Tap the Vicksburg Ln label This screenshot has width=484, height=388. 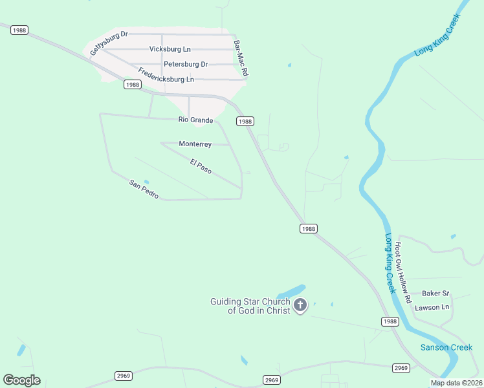(170, 49)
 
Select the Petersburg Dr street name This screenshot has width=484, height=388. (186, 64)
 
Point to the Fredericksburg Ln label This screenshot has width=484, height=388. (166, 74)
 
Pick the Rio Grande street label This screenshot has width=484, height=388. (195, 120)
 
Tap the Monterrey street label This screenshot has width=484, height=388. (195, 144)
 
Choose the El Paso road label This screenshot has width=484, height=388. (201, 166)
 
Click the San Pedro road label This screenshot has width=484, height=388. (144, 189)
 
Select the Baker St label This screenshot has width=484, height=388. (435, 293)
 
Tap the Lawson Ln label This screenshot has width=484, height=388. (432, 307)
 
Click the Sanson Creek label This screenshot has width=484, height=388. (446, 347)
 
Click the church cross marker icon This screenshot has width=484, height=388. (300, 305)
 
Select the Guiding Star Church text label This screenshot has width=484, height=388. (250, 306)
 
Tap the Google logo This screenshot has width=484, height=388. (21, 380)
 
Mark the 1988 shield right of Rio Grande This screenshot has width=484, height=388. (245, 121)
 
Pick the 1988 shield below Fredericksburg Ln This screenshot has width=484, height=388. (132, 85)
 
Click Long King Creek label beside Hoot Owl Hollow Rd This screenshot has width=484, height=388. (390, 263)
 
